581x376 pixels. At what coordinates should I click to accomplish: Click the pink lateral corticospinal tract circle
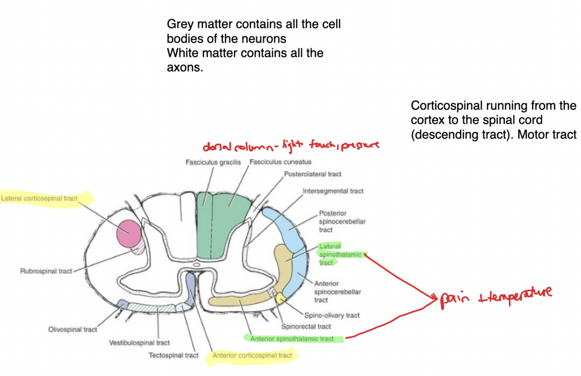(x=129, y=233)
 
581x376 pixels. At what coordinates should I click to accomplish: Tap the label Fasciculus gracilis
(x=213, y=163)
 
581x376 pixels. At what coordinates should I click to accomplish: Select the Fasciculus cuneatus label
(x=280, y=162)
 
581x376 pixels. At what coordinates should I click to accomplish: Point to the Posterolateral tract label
(x=313, y=174)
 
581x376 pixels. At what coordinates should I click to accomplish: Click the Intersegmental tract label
(x=333, y=191)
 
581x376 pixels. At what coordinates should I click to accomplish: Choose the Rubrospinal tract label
(x=46, y=271)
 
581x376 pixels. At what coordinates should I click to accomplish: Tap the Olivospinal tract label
(x=73, y=329)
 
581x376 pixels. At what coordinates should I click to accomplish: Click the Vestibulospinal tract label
(x=139, y=343)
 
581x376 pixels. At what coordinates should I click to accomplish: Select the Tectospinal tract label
(x=173, y=356)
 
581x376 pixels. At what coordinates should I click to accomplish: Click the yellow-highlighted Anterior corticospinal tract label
(x=252, y=356)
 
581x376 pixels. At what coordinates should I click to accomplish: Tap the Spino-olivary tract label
(x=332, y=315)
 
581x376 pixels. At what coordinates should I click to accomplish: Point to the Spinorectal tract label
(x=306, y=326)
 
